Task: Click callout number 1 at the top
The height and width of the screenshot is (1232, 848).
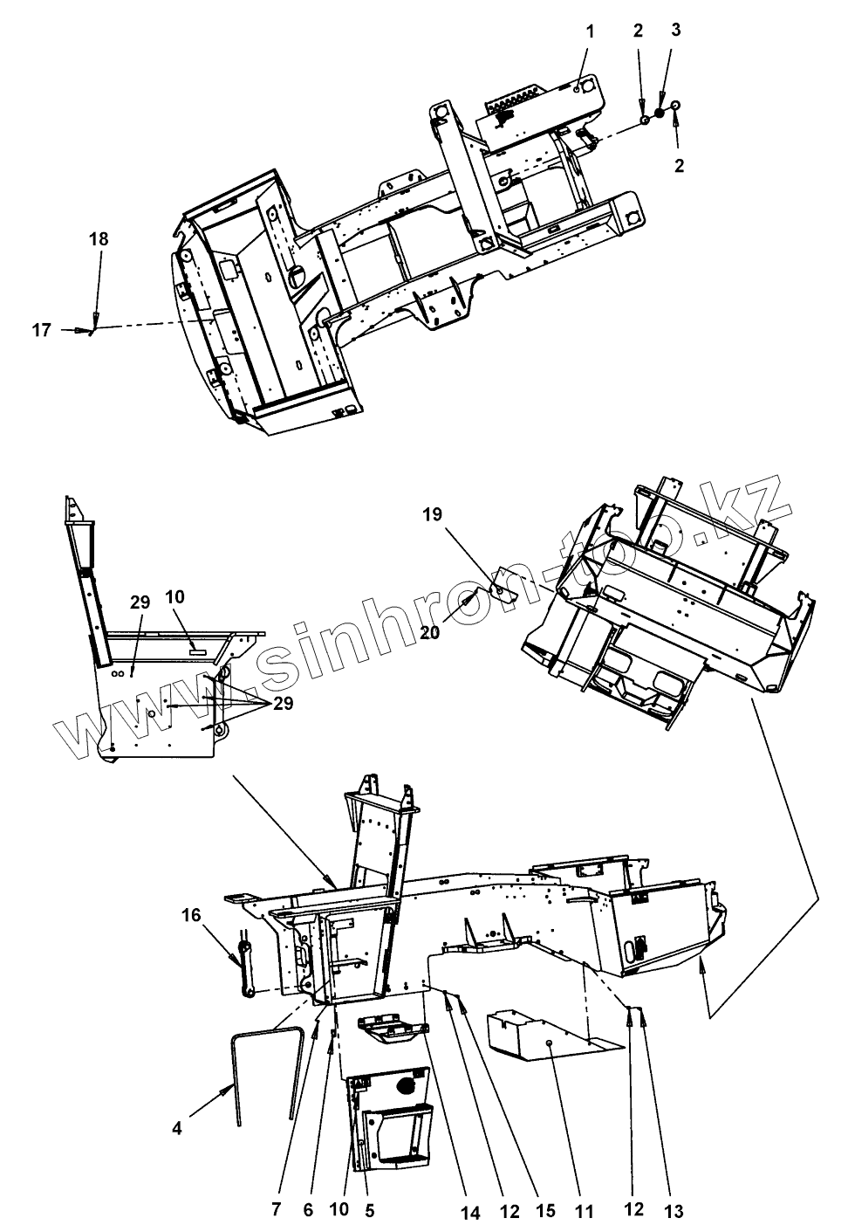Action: (590, 31)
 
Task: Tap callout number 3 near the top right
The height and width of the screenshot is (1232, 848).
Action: (676, 30)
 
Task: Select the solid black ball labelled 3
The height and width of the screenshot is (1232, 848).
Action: (660, 113)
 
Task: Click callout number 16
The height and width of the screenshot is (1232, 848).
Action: (191, 915)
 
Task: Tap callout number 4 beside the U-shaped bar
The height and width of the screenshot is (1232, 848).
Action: (177, 1128)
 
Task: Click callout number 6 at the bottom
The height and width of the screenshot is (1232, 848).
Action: (309, 1211)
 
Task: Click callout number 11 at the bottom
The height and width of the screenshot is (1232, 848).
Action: (585, 1211)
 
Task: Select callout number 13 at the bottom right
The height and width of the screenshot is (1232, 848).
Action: (674, 1211)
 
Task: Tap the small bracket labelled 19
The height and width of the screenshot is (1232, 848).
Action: (503, 595)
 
